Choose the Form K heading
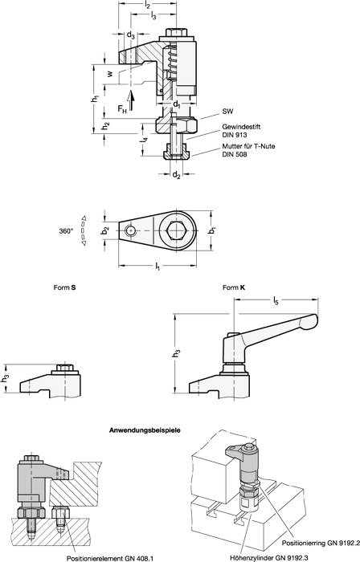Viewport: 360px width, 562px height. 231,287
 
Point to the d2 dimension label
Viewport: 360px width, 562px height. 177,175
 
